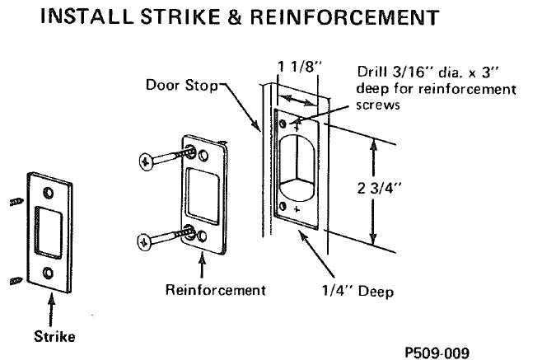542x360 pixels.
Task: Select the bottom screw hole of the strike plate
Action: coord(49,270)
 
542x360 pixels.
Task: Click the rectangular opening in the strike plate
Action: coord(49,231)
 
